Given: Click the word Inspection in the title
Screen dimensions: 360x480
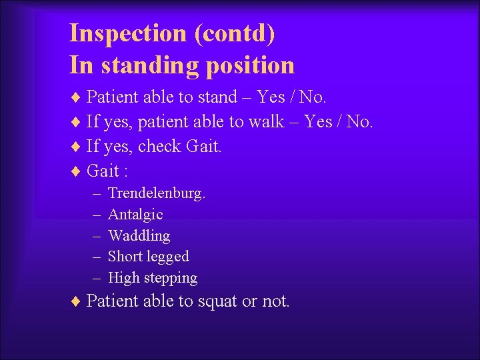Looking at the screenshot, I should tap(128, 33).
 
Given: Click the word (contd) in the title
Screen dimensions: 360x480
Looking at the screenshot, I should tap(235, 33).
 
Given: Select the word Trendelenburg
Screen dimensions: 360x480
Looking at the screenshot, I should tap(157, 193).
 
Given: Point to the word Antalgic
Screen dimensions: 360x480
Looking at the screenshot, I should tap(135, 215).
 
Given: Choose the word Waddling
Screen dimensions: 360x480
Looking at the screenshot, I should tap(139, 235).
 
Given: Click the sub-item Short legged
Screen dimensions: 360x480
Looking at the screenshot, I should tap(148, 256).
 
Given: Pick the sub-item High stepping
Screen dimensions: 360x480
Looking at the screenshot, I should tap(153, 277).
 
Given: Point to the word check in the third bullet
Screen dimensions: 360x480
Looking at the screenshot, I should tap(160, 146).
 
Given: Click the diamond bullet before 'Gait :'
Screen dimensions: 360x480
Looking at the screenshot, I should tap(75, 171).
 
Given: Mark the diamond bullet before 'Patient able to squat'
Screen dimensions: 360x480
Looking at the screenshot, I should tap(75, 301).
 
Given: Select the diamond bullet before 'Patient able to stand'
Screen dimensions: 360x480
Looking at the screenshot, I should tap(75, 97).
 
